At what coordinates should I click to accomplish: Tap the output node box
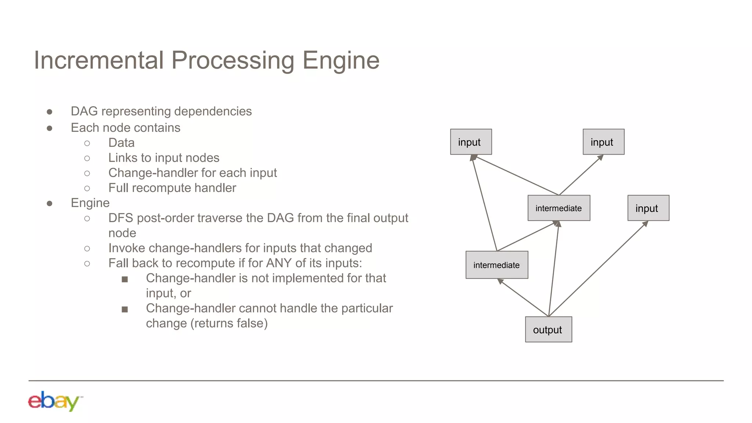pyautogui.click(x=548, y=329)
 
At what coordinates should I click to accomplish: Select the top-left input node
pyautogui.click(x=471, y=142)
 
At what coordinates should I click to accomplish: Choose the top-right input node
pyautogui.click(x=603, y=142)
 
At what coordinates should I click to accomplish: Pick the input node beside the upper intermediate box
pyautogui.click(x=648, y=208)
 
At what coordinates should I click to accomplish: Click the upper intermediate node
pyautogui.click(x=558, y=208)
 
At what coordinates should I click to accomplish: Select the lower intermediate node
pyautogui.click(x=496, y=265)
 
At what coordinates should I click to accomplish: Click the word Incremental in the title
pyautogui.click(x=98, y=60)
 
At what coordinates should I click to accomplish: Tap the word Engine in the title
pyautogui.click(x=340, y=60)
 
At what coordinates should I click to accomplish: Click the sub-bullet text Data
pyautogui.click(x=121, y=143)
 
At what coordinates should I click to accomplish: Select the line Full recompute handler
pyautogui.click(x=172, y=188)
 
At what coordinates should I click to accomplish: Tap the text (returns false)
pyautogui.click(x=229, y=323)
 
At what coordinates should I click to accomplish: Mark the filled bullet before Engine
pyautogui.click(x=50, y=203)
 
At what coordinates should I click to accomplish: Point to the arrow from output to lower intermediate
pyautogui.click(x=523, y=297)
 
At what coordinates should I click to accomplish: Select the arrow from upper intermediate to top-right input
pyautogui.click(x=581, y=175)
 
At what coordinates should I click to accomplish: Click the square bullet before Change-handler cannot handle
pyautogui.click(x=125, y=309)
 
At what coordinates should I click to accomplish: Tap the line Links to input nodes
pyautogui.click(x=163, y=158)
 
